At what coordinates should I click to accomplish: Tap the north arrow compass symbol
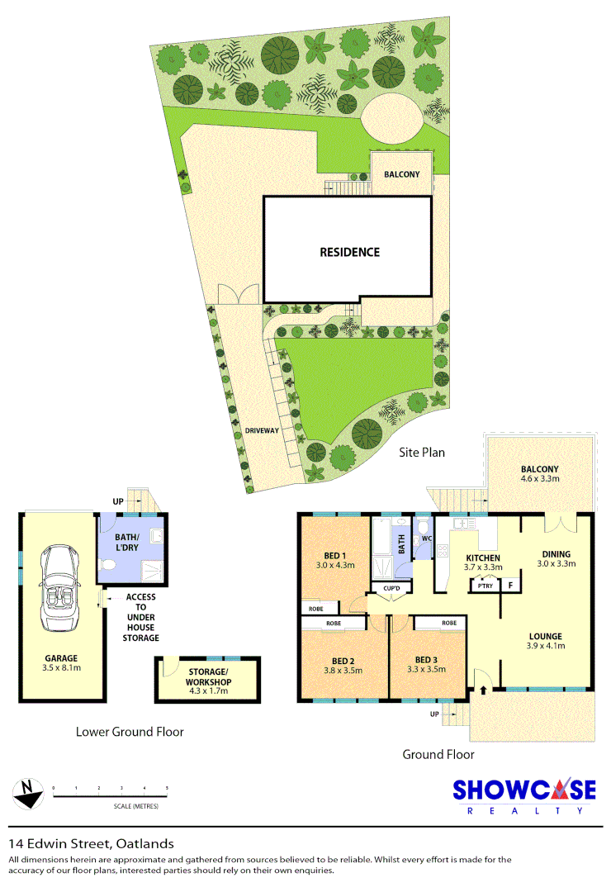click(28, 795)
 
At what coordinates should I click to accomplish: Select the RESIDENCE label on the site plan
click(349, 252)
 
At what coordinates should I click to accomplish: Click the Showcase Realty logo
click(523, 796)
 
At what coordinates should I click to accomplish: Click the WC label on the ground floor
click(427, 539)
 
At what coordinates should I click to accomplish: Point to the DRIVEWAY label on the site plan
click(262, 430)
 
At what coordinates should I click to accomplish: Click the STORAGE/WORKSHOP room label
click(208, 677)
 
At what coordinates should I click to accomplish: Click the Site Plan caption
click(423, 452)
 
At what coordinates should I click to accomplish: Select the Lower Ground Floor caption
click(130, 731)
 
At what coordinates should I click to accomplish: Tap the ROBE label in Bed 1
click(316, 609)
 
